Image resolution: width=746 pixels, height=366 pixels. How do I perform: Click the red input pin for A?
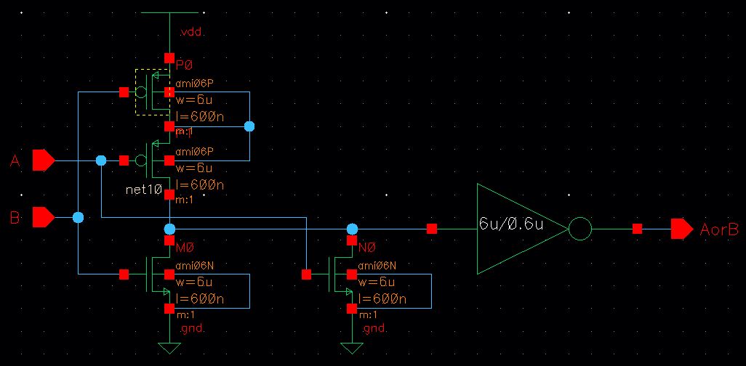point(44,160)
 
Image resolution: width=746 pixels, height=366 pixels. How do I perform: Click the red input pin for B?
point(44,216)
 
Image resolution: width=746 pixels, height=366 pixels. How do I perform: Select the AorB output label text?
point(719,229)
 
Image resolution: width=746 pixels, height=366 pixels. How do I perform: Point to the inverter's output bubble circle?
point(579,229)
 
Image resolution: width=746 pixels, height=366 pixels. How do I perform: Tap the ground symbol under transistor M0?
point(169,347)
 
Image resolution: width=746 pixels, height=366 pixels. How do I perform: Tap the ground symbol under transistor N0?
point(353,347)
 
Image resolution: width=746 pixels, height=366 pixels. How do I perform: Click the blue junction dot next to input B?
point(78,217)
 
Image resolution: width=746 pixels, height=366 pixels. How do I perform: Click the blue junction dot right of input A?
point(101,160)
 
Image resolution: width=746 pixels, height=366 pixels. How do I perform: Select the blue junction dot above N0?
point(353,229)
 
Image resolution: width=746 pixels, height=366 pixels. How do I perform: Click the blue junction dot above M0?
point(169,229)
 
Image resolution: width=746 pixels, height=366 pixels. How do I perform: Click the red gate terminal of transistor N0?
point(306,274)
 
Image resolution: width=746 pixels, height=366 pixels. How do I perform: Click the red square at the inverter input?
point(432,229)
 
